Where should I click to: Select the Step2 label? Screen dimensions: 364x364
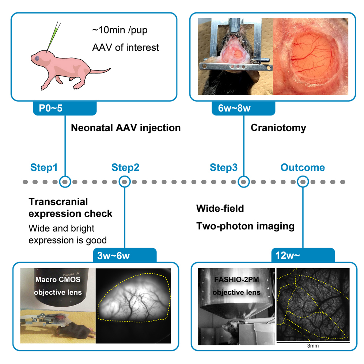pyautogui.click(x=125, y=168)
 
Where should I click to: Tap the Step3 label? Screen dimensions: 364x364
pyautogui.click(x=223, y=168)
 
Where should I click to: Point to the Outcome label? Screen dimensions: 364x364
pyautogui.click(x=302, y=168)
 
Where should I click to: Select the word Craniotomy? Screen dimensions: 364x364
pyautogui.click(x=278, y=128)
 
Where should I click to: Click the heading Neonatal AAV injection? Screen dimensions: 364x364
pyautogui.click(x=125, y=128)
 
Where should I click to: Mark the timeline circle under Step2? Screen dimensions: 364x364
pyautogui.click(x=125, y=181)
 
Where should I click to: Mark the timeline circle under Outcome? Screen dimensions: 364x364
pyautogui.click(x=303, y=181)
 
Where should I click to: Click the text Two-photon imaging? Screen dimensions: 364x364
pyautogui.click(x=245, y=226)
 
